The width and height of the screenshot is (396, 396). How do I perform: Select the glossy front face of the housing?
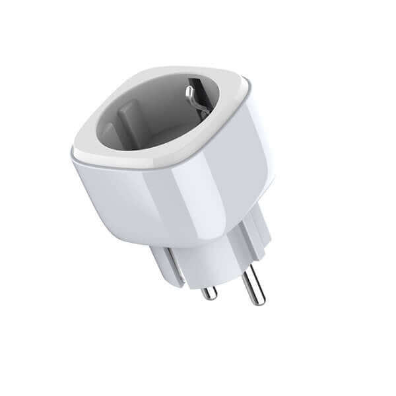(132, 198)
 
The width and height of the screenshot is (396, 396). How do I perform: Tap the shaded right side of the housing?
(254, 165)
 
